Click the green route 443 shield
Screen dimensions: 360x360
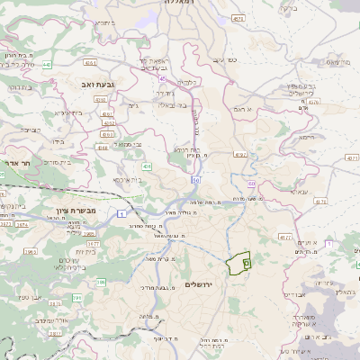(46, 65)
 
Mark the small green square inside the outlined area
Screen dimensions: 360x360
(246, 263)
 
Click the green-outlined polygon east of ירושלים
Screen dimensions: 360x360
(236, 265)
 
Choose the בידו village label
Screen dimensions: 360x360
(58, 141)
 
